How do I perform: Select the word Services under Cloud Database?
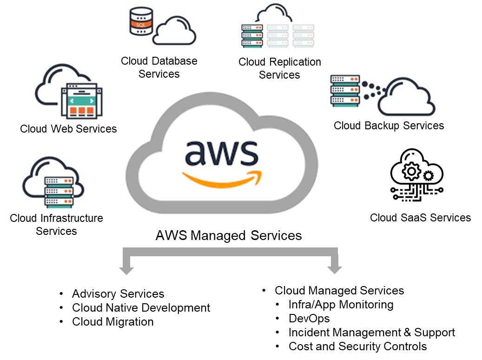(x=159, y=74)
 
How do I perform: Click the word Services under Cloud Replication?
(x=279, y=75)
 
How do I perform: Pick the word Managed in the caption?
(x=218, y=235)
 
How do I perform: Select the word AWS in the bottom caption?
(x=171, y=235)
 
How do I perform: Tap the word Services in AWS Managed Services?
(x=276, y=235)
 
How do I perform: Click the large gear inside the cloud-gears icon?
(x=411, y=172)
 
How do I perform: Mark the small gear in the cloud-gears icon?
(x=428, y=176)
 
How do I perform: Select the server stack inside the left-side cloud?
(x=59, y=191)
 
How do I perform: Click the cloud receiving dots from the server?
(x=406, y=98)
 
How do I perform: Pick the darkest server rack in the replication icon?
(x=252, y=35)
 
